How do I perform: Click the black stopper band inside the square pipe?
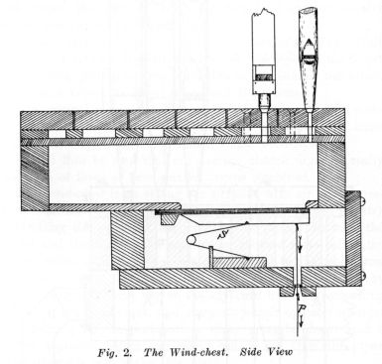coord(263,75)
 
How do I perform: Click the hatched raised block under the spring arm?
coord(238,260)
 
